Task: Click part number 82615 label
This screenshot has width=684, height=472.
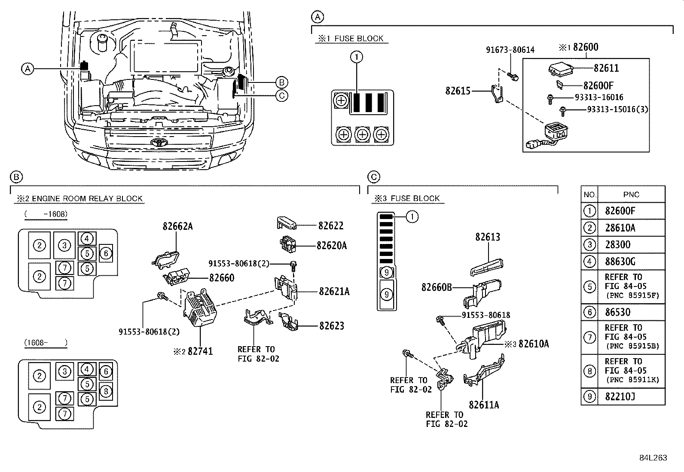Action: point(458,91)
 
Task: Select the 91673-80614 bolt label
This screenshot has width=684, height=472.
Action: point(510,50)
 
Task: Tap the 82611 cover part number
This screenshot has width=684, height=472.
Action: point(606,68)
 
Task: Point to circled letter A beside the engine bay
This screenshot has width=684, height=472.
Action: point(27,69)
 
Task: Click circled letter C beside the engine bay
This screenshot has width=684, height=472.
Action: point(281,95)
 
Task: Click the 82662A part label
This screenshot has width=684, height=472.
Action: point(177,226)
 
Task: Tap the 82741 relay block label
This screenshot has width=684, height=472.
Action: point(200,351)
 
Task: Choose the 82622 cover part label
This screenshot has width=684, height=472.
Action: point(330,225)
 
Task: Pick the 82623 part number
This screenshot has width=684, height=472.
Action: point(331,326)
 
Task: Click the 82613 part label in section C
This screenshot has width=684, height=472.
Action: point(487,237)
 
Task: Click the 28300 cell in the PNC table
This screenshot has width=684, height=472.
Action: point(617,245)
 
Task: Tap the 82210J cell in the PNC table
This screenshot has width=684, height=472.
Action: point(620,396)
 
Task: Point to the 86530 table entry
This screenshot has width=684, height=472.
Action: point(617,312)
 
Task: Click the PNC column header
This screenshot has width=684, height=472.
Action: point(631,195)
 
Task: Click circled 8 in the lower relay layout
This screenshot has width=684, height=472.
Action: point(106,391)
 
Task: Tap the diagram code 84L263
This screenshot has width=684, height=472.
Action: point(653,458)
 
